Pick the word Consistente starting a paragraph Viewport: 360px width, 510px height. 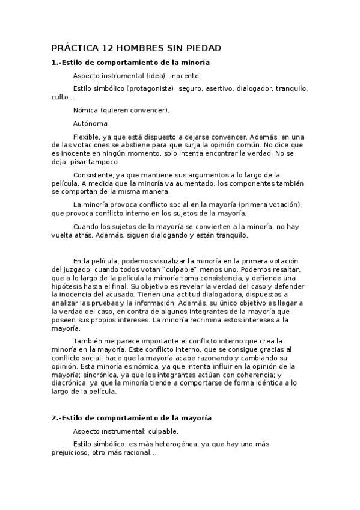(94, 175)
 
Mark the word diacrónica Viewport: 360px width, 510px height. (75, 383)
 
